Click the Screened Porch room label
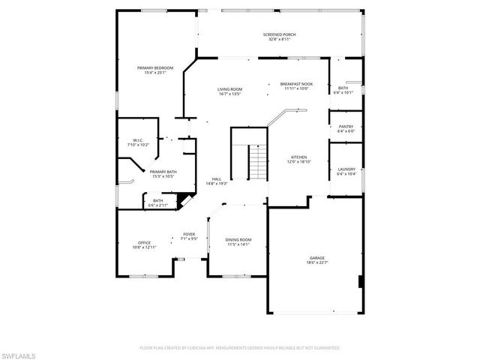[278, 34]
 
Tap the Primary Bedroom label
[151, 68]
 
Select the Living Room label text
[229, 89]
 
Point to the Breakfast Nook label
[296, 84]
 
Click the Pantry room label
[346, 127]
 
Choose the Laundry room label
[346, 169]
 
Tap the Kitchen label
[298, 157]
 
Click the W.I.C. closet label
[138, 139]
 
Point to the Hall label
[216, 179]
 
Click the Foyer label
[189, 235]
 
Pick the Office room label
[144, 242]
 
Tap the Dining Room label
[238, 239]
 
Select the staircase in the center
[257, 160]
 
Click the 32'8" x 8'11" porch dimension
[279, 39]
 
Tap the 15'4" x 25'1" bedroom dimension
[151, 73]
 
